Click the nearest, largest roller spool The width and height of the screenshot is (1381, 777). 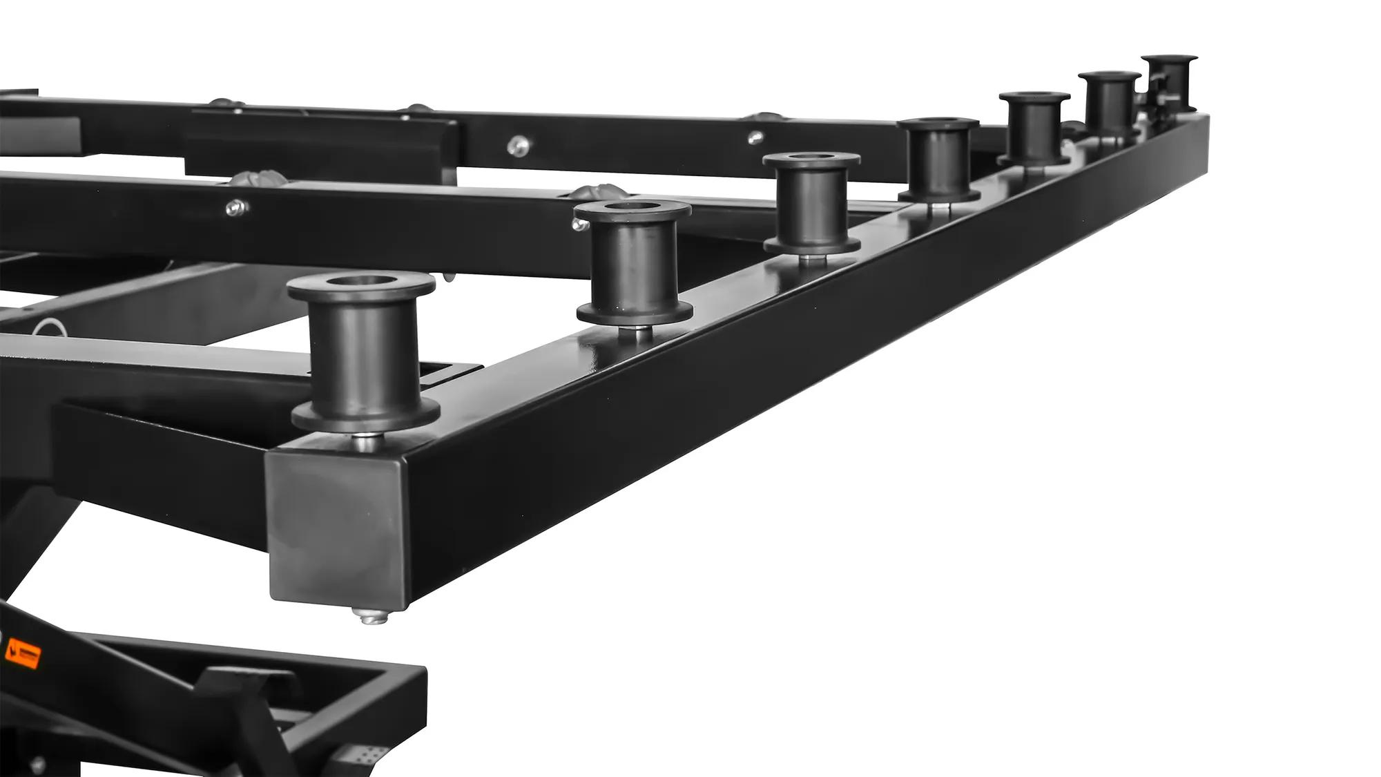pyautogui.click(x=363, y=352)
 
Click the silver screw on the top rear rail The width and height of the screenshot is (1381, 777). pyautogui.click(x=517, y=145)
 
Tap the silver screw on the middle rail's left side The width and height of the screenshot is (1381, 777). pyautogui.click(x=237, y=206)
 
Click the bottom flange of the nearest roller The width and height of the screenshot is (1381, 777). pyautogui.click(x=365, y=414)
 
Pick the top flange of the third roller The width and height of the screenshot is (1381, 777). pyautogui.click(x=811, y=161)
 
